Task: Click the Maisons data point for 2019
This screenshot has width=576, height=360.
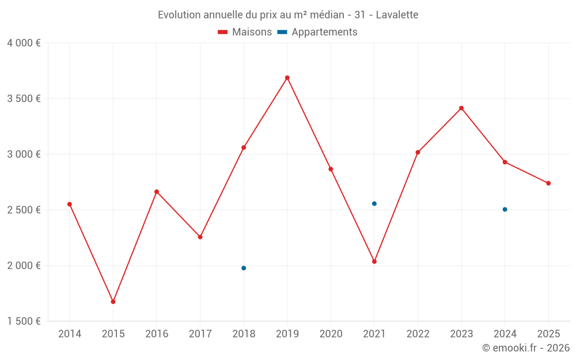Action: coord(287,78)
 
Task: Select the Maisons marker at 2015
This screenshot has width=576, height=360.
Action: coord(113,302)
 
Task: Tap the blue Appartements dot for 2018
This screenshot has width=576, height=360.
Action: coord(244,268)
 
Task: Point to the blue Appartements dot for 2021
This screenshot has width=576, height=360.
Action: coord(374,203)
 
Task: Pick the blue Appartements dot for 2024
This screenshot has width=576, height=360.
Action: coord(505,209)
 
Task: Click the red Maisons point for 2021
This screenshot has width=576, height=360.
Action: coord(374,262)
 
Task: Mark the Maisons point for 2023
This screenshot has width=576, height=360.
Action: coord(461,108)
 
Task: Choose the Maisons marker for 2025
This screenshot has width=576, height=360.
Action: coord(548,183)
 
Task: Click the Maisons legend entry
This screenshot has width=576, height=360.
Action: coord(245,32)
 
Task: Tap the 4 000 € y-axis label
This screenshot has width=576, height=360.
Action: coord(24,43)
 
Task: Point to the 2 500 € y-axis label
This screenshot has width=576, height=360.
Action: coord(24,210)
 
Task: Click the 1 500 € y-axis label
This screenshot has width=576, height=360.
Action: coord(24,321)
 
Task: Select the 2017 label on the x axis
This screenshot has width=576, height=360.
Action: coord(200,334)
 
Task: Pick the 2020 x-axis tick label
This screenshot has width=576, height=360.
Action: coord(331,334)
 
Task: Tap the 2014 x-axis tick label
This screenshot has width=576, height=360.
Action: coord(70,334)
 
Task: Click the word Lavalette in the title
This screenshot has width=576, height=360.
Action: coord(397,14)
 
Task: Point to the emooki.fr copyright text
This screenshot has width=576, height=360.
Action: coord(525,348)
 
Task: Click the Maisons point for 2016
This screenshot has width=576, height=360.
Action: coord(157,192)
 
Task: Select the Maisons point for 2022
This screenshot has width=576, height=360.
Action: coord(418,152)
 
